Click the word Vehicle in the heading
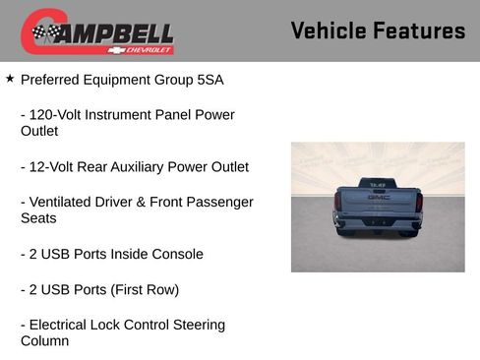330,30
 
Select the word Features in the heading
419,30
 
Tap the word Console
176,254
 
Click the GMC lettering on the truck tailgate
379,197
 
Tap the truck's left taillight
337,203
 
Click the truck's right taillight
419,203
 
